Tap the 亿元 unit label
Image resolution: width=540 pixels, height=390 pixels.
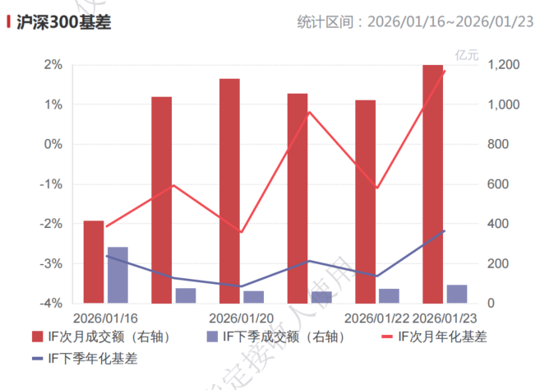pos(466,55)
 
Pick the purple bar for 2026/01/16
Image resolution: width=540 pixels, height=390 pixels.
pos(118,275)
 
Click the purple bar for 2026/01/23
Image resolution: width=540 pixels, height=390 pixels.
pos(457,294)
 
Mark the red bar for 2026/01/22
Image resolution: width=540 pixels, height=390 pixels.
pos(365,202)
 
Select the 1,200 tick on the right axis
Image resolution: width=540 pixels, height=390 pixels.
pos(502,65)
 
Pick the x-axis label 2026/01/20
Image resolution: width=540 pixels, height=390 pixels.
pos(242,318)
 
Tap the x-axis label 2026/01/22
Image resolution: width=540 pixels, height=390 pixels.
pos(376,318)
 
